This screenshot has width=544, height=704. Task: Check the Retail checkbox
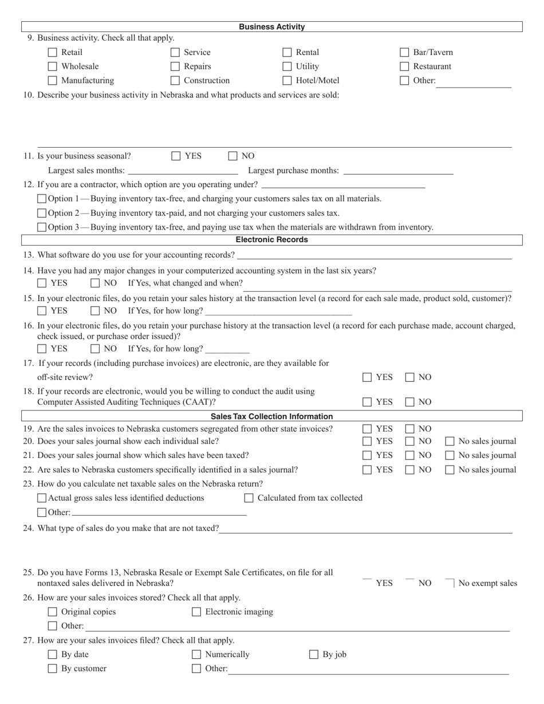pyautogui.click(x=53, y=53)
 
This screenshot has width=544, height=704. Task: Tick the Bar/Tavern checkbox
pyautogui.click(x=405, y=53)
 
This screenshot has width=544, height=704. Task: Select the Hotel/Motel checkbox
pyautogui.click(x=287, y=81)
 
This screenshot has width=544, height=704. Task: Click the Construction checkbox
pyautogui.click(x=175, y=81)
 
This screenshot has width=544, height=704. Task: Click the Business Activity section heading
pyautogui.click(x=271, y=27)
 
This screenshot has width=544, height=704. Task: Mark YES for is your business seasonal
pyautogui.click(x=176, y=156)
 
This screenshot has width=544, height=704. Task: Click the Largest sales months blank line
pyautogui.click(x=183, y=171)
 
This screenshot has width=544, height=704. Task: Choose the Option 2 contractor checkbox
pyautogui.click(x=42, y=213)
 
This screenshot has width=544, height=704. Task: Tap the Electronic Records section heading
pyautogui.click(x=271, y=240)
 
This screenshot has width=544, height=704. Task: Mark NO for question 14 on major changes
pyautogui.click(x=94, y=283)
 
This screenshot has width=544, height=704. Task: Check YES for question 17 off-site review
pyautogui.click(x=367, y=377)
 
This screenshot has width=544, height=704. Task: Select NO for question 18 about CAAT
pyautogui.click(x=410, y=402)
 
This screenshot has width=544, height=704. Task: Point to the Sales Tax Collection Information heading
pyautogui.click(x=271, y=416)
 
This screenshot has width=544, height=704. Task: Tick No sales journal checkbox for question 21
pyautogui.click(x=450, y=456)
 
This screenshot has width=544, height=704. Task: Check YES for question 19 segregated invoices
pyautogui.click(x=367, y=429)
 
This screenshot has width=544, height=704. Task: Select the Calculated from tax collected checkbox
pyautogui.click(x=249, y=498)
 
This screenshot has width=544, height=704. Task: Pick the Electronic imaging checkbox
pyautogui.click(x=196, y=612)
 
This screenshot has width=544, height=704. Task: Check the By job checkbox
pyautogui.click(x=314, y=655)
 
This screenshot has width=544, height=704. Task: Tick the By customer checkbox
pyautogui.click(x=53, y=669)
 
